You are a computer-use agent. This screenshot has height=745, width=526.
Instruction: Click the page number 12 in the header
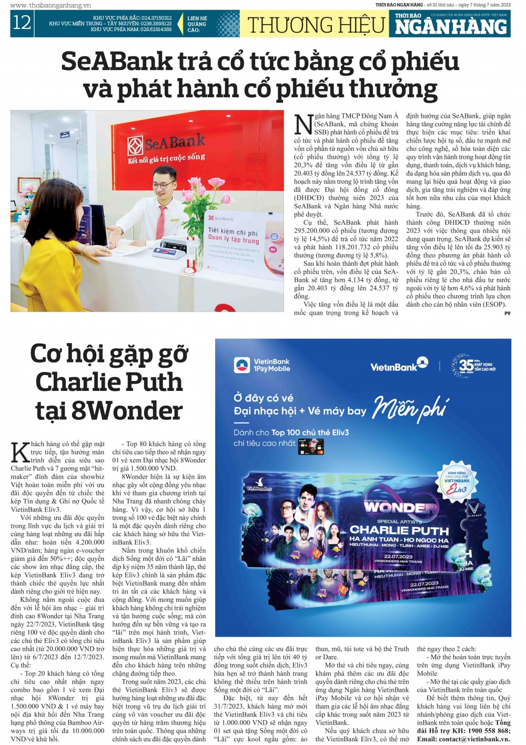tap(22, 23)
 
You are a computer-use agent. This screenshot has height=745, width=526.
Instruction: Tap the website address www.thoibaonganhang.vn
tap(50, 5)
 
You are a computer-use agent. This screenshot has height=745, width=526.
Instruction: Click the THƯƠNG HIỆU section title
tap(316, 25)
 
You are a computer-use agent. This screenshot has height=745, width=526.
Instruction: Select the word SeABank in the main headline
tap(116, 62)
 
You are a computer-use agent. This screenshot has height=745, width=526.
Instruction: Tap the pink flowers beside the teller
tap(216, 189)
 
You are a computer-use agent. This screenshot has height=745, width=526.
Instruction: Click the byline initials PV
tap(507, 313)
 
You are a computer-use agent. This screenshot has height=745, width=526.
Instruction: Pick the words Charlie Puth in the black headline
tap(109, 381)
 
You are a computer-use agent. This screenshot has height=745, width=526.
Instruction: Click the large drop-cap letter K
tap(20, 452)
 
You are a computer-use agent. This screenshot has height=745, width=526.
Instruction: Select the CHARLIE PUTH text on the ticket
tap(399, 530)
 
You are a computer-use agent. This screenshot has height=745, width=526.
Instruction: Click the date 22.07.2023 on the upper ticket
tap(398, 556)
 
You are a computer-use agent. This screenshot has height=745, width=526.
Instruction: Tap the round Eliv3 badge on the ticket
tap(457, 481)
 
